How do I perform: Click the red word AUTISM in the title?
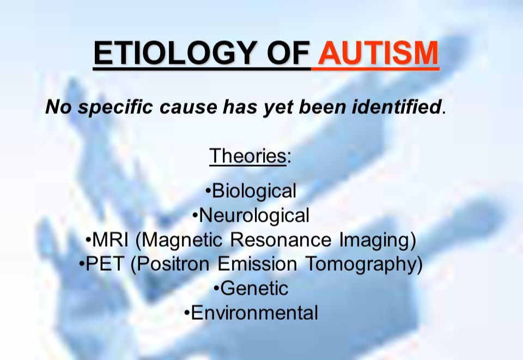point(378,53)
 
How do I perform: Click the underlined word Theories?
point(247,155)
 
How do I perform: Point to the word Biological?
point(254,191)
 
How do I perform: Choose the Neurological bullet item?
point(254,215)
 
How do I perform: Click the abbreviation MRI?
point(110,240)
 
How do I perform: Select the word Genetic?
point(254,288)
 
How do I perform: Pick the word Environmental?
point(254,313)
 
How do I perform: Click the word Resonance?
point(281,240)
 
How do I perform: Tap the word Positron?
point(170,264)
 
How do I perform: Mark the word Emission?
point(257,264)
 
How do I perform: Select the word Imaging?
point(378,240)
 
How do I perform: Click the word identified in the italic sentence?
point(396,107)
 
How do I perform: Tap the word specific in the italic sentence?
point(115,107)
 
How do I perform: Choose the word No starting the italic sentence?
point(58,107)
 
